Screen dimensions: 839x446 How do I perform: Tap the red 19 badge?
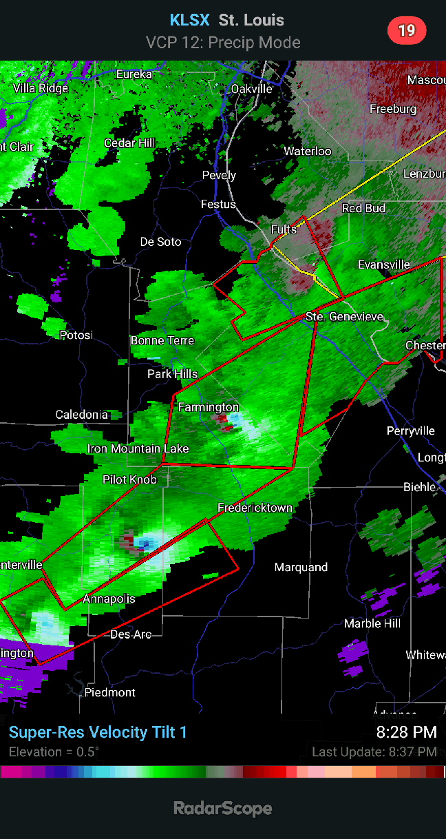(x=407, y=30)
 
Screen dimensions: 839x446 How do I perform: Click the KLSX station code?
(x=190, y=20)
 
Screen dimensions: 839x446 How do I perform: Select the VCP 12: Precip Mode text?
(x=223, y=43)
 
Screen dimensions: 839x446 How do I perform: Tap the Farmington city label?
(x=208, y=407)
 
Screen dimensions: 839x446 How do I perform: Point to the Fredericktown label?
(x=255, y=508)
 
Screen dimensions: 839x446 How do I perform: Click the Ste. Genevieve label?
(x=344, y=316)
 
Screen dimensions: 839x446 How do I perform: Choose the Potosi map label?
(x=76, y=335)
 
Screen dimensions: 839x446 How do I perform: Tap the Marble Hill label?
(x=372, y=623)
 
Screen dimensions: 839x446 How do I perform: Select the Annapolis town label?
(x=109, y=599)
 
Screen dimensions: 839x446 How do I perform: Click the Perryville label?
(x=410, y=431)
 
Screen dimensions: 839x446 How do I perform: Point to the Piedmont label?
(x=110, y=692)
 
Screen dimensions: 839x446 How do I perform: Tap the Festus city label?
(x=218, y=204)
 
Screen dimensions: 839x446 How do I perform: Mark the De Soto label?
(x=160, y=242)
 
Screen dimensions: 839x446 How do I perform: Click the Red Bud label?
(x=363, y=208)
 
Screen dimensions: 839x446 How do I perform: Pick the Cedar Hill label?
(x=129, y=143)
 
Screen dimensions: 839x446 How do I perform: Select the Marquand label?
(x=301, y=567)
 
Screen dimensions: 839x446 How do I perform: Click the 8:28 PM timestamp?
(x=406, y=732)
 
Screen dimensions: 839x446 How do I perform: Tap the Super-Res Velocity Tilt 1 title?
(x=98, y=732)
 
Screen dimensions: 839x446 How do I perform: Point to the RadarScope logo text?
(x=222, y=809)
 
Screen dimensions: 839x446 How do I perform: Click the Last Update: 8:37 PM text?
(x=374, y=752)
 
